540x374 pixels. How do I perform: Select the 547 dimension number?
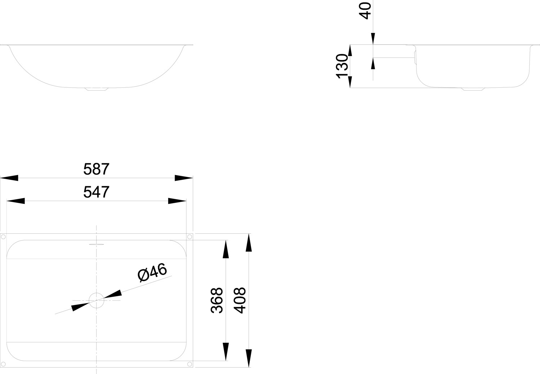pos(96,192)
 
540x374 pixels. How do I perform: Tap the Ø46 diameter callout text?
pos(152,272)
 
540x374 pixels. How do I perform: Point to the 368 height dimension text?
pos(216,300)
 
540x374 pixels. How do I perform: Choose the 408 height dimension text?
pos(240,300)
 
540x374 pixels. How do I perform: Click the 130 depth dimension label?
pos(342,66)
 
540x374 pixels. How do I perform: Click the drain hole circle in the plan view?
pos(96,300)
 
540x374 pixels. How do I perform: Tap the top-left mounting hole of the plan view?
pos(3,237)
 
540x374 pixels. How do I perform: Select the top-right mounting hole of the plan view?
pos(189,237)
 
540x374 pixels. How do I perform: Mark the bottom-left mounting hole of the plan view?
pos(3,364)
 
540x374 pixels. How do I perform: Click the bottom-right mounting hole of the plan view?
pos(189,364)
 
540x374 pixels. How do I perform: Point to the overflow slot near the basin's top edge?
pos(96,244)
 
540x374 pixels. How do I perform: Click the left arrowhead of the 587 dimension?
pos(9,178)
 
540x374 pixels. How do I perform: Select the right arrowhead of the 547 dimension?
pos(177,201)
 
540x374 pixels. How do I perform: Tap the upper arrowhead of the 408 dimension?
pos(248,243)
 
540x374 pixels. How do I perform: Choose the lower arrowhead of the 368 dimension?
pos(226,352)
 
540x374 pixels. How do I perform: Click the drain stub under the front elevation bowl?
pos(96,89)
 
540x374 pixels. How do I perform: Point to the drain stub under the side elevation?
pos(473,89)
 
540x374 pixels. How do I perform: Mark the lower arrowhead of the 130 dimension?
pos(350,82)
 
